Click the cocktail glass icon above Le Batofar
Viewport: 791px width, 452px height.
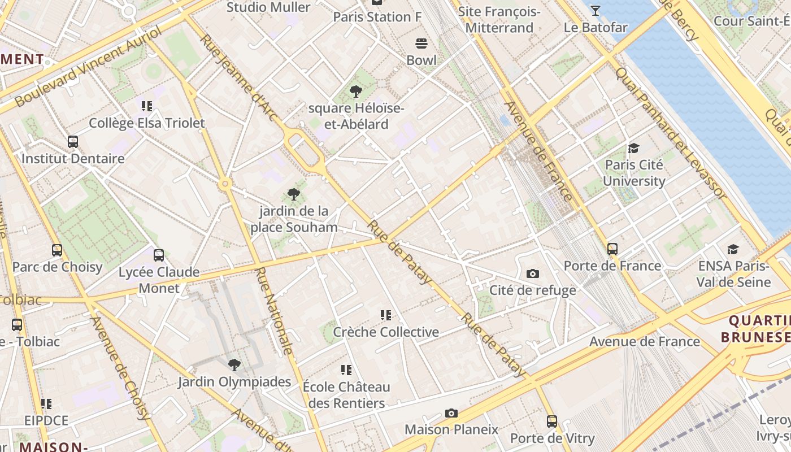(595, 10)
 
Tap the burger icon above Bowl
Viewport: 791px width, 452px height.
(421, 43)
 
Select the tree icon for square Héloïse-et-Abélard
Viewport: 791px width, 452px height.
(355, 91)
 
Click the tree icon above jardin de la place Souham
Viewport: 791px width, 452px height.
(293, 194)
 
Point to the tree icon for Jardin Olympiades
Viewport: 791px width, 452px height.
(234, 364)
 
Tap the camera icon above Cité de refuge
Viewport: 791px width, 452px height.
(532, 274)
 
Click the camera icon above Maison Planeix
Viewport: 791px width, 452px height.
(451, 413)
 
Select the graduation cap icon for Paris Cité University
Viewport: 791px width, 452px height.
(633, 149)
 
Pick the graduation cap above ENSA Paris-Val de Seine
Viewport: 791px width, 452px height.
(733, 249)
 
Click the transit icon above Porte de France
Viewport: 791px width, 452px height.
(612, 249)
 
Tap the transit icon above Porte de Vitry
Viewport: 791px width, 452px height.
(551, 421)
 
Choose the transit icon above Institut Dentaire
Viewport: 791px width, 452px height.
(73, 142)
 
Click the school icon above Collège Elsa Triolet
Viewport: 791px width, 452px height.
(147, 106)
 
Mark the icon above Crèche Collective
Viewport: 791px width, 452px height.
(386, 315)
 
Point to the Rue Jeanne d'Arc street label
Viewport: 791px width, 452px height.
(239, 78)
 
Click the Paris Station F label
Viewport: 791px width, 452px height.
(377, 17)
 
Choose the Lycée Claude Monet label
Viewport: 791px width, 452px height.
(159, 280)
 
